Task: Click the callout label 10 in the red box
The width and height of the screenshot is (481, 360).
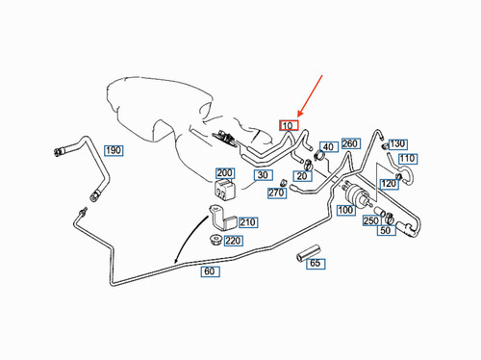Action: pyautogui.click(x=290, y=125)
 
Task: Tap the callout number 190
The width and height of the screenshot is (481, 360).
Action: pyautogui.click(x=114, y=150)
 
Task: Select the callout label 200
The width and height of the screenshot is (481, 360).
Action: pyautogui.click(x=225, y=173)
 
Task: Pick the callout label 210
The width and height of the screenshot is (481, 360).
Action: pyautogui.click(x=248, y=222)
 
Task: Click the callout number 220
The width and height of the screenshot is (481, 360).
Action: pyautogui.click(x=232, y=241)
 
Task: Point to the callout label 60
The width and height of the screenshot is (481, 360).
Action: pyautogui.click(x=209, y=272)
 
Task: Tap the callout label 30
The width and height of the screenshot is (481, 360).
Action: pyautogui.click(x=262, y=176)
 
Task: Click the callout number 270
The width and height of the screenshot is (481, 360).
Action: pyautogui.click(x=277, y=193)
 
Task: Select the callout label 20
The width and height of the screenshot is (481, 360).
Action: pyautogui.click(x=302, y=176)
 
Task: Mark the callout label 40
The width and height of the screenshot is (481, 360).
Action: pyautogui.click(x=328, y=147)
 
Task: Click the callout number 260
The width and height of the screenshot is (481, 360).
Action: pyautogui.click(x=350, y=143)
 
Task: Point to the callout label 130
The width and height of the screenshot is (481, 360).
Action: pyautogui.click(x=397, y=143)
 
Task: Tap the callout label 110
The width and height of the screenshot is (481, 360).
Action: pyautogui.click(x=407, y=158)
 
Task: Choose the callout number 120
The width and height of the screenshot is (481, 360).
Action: pyautogui.click(x=389, y=184)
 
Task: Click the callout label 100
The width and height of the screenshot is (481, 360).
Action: pyautogui.click(x=344, y=209)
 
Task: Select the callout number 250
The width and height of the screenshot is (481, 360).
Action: pyautogui.click(x=370, y=221)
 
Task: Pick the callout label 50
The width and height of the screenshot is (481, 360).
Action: pyautogui.click(x=385, y=230)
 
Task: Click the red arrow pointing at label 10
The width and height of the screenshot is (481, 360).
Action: pyautogui.click(x=310, y=96)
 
